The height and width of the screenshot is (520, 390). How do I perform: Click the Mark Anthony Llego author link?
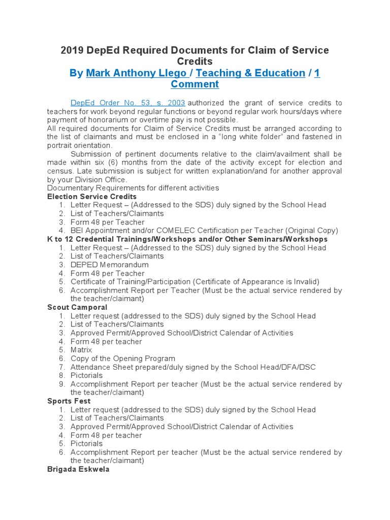pos(136,73)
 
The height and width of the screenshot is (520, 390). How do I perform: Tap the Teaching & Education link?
pos(250,73)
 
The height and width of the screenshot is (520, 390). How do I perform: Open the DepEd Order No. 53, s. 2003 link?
pos(127,103)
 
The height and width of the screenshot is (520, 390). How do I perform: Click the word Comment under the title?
pos(194,84)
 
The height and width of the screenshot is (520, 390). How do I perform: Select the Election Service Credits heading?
pos(92,197)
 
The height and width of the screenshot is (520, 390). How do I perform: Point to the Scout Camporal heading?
pos(77,307)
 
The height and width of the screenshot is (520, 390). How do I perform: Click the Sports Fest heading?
pos(69,401)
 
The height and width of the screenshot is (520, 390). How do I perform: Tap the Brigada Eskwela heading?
pos(78,470)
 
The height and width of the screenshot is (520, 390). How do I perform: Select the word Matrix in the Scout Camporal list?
pos(81,350)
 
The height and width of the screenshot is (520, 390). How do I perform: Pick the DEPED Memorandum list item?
pos(110,265)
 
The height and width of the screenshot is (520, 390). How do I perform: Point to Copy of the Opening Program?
pos(123,359)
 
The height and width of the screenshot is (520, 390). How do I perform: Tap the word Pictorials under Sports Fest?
pos(86,444)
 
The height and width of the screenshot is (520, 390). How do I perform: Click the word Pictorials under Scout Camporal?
pos(86,376)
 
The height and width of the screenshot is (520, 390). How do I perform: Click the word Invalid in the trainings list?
pos(307,282)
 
